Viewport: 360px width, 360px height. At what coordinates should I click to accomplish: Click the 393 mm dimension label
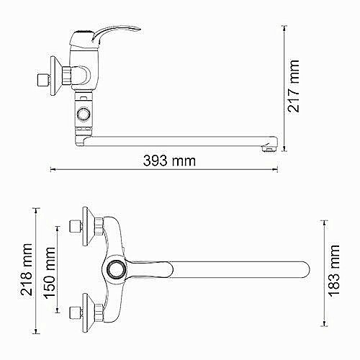click(x=169, y=161)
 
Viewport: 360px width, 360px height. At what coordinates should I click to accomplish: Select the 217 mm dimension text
click(x=294, y=86)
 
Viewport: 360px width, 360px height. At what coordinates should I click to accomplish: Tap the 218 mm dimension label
click(x=26, y=269)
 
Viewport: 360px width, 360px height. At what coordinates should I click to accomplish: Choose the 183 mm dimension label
click(x=334, y=271)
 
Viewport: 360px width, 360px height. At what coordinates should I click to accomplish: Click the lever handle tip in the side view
click(x=139, y=29)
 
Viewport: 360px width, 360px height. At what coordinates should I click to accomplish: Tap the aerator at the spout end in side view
click(x=269, y=148)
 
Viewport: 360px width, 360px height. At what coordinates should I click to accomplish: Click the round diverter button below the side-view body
click(x=84, y=113)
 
